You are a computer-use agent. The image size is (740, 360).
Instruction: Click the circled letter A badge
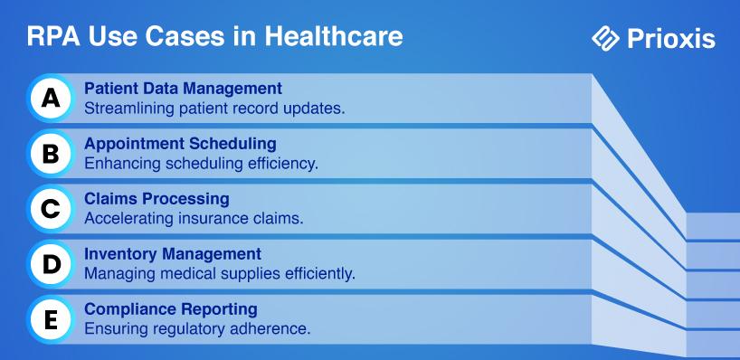pyautogui.click(x=51, y=98)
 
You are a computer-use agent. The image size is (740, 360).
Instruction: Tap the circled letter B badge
pyautogui.click(x=51, y=154)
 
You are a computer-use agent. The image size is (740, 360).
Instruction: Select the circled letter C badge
pyautogui.click(x=51, y=209)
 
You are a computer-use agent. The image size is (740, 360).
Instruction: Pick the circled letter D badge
pyautogui.click(x=51, y=264)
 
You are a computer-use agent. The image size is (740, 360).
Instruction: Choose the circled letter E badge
pyautogui.click(x=51, y=320)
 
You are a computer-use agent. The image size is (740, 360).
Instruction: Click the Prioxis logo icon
pyautogui.click(x=605, y=38)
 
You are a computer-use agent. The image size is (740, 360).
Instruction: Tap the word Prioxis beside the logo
pyautogui.click(x=671, y=39)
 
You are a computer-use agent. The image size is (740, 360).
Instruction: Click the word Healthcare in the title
pyautogui.click(x=334, y=36)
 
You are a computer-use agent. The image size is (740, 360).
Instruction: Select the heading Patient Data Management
pyautogui.click(x=183, y=89)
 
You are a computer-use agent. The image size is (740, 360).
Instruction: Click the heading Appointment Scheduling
pyautogui.click(x=180, y=144)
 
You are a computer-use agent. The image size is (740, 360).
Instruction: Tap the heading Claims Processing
pyautogui.click(x=157, y=199)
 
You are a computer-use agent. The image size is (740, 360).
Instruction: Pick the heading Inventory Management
pyautogui.click(x=173, y=254)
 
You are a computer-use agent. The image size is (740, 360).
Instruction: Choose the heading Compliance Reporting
pyautogui.click(x=171, y=309)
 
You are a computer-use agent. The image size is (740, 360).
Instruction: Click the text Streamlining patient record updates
pyautogui.click(x=214, y=109)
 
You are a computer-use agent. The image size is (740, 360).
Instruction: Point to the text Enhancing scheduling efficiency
pyautogui.click(x=202, y=164)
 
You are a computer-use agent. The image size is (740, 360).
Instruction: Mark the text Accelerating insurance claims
pyautogui.click(x=194, y=219)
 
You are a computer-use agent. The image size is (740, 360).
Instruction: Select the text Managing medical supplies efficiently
pyautogui.click(x=220, y=274)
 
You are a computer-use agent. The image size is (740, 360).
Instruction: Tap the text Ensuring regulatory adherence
pyautogui.click(x=197, y=329)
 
